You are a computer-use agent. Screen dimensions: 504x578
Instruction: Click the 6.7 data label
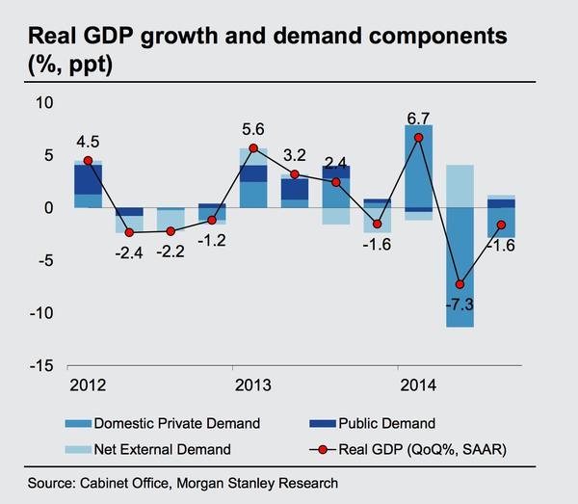(418, 118)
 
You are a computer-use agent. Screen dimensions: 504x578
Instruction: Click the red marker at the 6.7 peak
(419, 138)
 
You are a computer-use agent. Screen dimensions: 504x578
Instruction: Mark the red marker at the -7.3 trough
(460, 285)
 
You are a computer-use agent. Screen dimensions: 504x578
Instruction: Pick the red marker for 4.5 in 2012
(88, 161)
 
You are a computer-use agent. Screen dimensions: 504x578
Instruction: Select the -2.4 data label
(128, 254)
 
